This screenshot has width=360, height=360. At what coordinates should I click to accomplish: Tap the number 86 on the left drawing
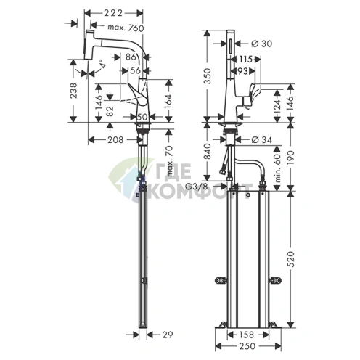click(x=134, y=56)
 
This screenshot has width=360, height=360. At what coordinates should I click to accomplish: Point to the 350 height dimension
click(x=209, y=75)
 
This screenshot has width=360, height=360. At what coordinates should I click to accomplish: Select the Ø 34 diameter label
click(x=263, y=139)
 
